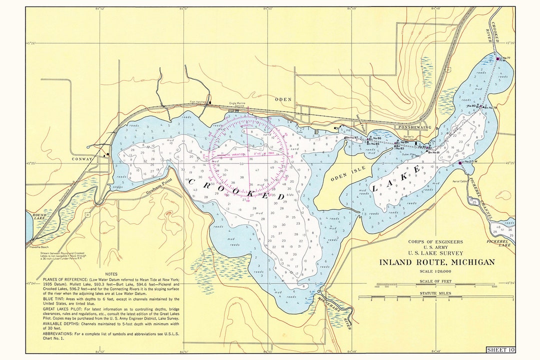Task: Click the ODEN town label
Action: click(x=283, y=99)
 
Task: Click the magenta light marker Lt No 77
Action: click(x=498, y=58)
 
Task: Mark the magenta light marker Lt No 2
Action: click(x=460, y=162)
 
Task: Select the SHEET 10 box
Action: click(x=500, y=349)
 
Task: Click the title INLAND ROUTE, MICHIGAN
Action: click(x=436, y=262)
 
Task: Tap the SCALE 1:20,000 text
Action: click(x=436, y=271)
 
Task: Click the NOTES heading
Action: click(x=111, y=274)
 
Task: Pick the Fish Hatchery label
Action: click(x=198, y=102)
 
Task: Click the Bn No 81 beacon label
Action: click(x=434, y=152)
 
